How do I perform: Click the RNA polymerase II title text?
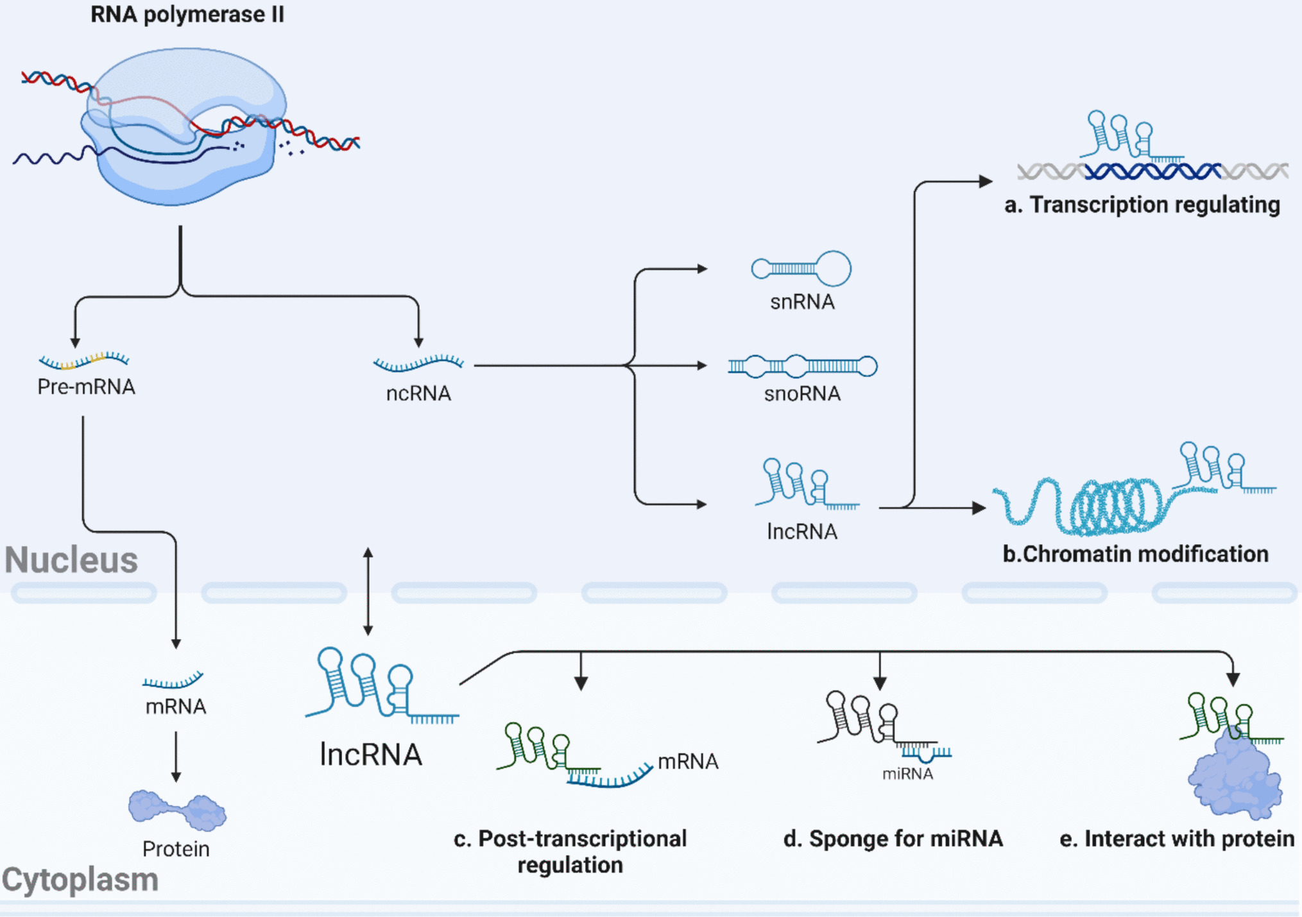(187, 14)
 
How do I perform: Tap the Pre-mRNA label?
(86, 387)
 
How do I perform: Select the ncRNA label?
(418, 393)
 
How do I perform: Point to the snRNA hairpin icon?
(801, 268)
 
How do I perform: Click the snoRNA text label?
(802, 393)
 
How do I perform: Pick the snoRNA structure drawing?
(802, 366)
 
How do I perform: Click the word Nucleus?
(71, 560)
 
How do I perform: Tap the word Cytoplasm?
(80, 880)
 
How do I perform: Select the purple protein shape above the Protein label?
(177, 810)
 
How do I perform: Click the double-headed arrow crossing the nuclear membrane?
(368, 591)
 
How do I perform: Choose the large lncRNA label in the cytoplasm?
(371, 755)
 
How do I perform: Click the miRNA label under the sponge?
(907, 774)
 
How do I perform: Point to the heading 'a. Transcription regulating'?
(1142, 205)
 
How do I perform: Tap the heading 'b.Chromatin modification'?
(1135, 554)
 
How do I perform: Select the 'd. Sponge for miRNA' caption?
(893, 839)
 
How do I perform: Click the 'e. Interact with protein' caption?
(1176, 839)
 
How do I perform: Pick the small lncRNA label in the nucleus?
(802, 531)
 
